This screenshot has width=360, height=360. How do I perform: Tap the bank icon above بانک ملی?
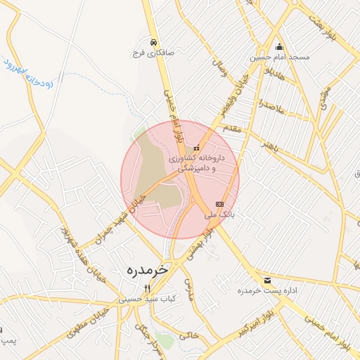(x=219, y=203)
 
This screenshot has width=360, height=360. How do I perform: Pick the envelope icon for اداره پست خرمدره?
(x=267, y=280)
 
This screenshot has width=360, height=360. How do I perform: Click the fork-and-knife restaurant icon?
(x=147, y=288)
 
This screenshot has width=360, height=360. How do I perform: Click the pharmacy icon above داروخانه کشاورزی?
(x=196, y=148)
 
